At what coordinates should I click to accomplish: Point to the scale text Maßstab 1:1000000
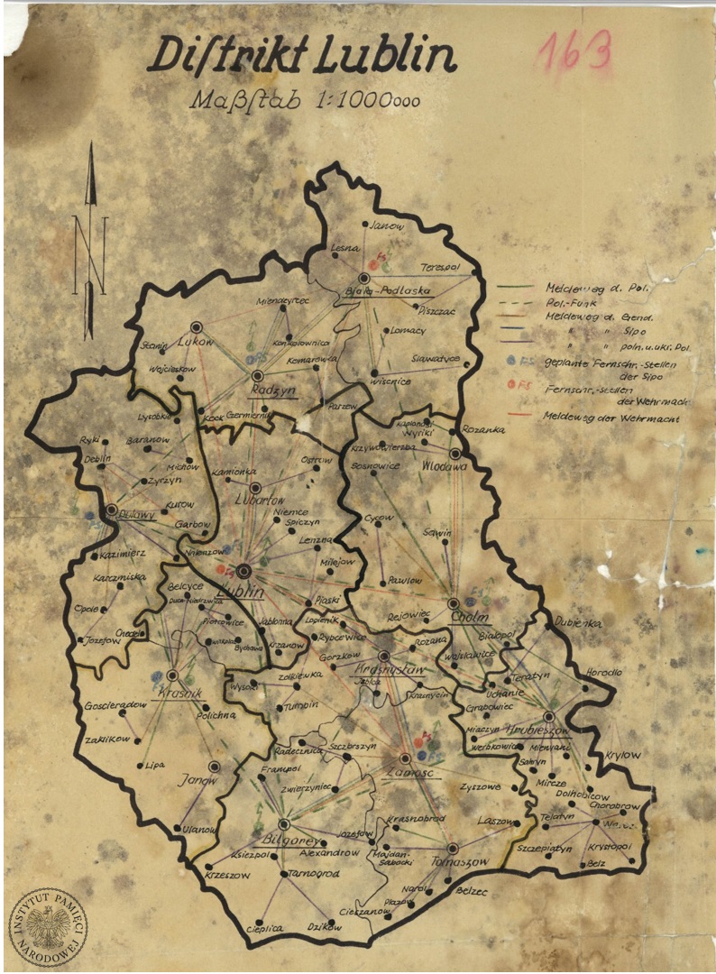click(x=305, y=98)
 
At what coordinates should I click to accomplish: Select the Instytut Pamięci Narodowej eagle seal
click(x=49, y=925)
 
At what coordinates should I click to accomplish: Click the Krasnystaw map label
click(x=389, y=672)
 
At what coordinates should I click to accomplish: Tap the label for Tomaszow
click(x=457, y=861)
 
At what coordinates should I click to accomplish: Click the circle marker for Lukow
click(x=197, y=328)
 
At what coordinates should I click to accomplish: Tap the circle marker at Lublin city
click(x=243, y=570)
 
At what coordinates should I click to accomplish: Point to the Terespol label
click(x=440, y=268)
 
